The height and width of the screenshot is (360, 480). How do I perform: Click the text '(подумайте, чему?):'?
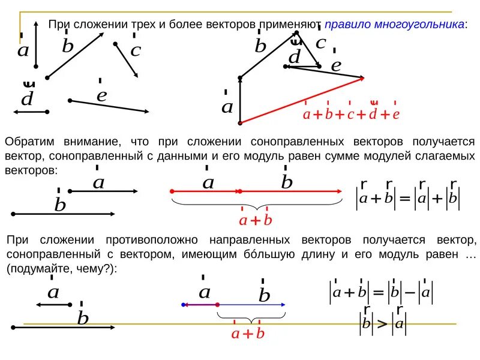62,269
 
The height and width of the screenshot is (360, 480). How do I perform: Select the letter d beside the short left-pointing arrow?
27,99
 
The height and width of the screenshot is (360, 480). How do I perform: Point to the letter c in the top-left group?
135,50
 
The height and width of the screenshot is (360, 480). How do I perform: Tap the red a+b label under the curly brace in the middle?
256,220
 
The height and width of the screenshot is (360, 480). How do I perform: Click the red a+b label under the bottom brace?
248,333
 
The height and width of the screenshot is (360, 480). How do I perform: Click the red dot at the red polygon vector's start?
240,122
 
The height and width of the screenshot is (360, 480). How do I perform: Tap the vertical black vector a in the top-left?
36,45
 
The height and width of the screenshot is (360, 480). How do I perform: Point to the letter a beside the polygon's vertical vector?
227,107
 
